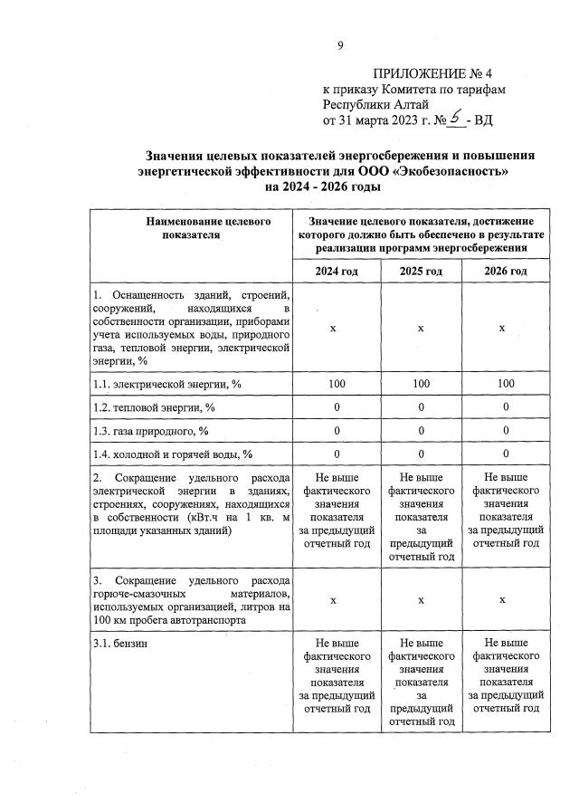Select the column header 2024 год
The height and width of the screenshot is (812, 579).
pos(337,272)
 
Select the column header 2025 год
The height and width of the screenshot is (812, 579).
pos(421,272)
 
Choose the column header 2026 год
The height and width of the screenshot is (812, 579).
pos(505,272)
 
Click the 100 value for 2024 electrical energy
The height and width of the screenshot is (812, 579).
pos(337,385)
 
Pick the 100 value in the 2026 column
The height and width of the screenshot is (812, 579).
pos(505,385)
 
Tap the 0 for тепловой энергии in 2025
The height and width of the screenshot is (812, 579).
pos(421,407)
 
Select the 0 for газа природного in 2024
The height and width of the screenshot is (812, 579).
pos(337,430)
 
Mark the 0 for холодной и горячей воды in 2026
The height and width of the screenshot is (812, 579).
pos(505,453)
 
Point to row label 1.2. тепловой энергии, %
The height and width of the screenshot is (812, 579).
pos(154,407)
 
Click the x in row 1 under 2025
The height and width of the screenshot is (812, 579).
pos(421,328)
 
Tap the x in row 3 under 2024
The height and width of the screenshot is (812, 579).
pos(337,599)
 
